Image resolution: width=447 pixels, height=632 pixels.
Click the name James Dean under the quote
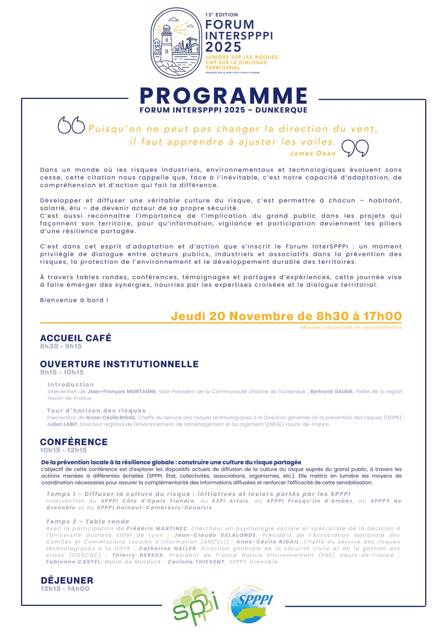(x=312, y=154)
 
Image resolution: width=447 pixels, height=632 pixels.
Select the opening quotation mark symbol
(x=71, y=125)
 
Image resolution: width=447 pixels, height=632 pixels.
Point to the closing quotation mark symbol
(x=355, y=148)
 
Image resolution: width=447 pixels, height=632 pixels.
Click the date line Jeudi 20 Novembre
(x=286, y=316)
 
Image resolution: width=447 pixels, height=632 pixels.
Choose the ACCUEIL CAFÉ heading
(x=76, y=338)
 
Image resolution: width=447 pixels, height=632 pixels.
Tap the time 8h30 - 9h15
(x=61, y=346)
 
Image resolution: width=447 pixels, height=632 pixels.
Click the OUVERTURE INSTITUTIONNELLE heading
(x=119, y=364)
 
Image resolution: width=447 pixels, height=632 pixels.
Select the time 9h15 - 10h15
(x=62, y=372)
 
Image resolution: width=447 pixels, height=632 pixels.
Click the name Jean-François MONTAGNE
(x=122, y=392)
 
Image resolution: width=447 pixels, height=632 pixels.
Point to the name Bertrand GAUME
(x=331, y=392)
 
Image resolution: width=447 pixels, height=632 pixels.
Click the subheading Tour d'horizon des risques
(x=96, y=410)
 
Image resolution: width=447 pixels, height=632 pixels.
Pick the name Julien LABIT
(x=62, y=424)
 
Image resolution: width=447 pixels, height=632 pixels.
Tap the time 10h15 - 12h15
(x=63, y=450)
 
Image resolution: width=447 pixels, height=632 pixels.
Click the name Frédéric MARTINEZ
(x=157, y=528)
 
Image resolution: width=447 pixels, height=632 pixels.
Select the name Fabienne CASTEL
(x=73, y=562)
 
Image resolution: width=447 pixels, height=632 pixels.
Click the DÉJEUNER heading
(x=67, y=580)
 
